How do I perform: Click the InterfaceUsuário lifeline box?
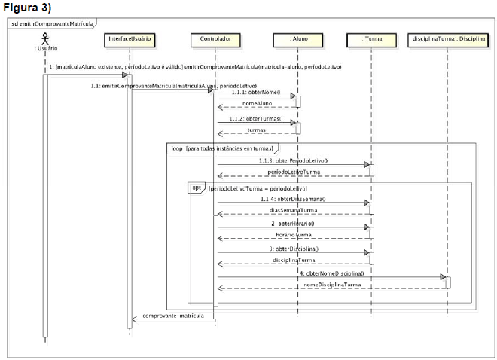click(130, 37)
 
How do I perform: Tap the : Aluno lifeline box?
click(298, 37)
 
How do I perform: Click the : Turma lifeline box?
click(370, 37)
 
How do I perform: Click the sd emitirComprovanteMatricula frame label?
click(52, 23)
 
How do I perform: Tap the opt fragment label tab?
click(194, 187)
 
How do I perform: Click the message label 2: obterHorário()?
click(293, 224)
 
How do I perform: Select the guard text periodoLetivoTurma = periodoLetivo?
click(258, 187)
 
